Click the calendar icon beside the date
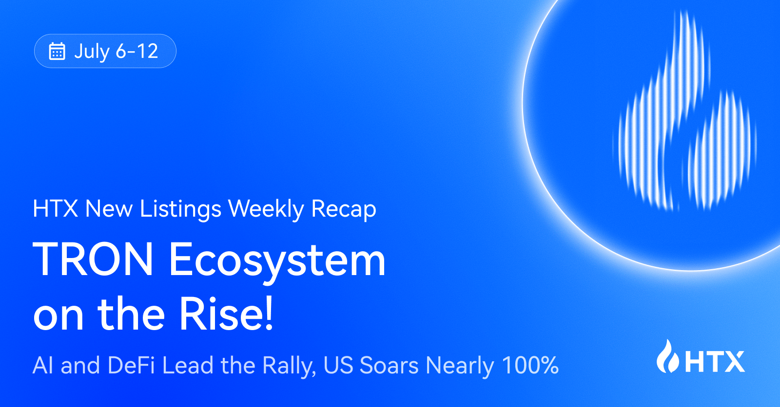(x=57, y=51)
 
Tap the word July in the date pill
(x=92, y=52)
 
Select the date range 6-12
(x=137, y=51)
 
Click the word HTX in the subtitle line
(x=56, y=208)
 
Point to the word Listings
(x=180, y=210)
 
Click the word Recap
(x=344, y=210)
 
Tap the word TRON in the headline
(x=93, y=259)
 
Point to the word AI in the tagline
(x=43, y=365)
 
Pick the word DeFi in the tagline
(x=131, y=365)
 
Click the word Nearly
(x=460, y=367)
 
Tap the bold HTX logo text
(x=715, y=362)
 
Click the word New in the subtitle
(x=109, y=208)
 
